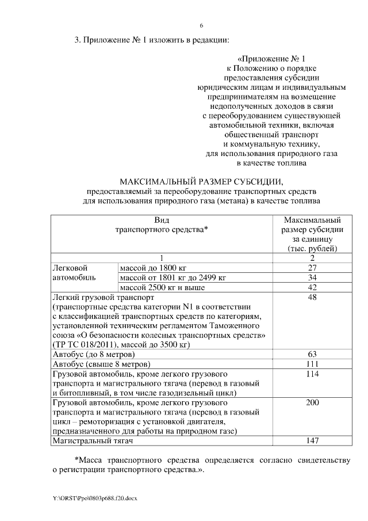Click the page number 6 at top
pos(201,26)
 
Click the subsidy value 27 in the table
pos(313,268)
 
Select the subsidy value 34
pos(313,277)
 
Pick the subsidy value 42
pos(313,287)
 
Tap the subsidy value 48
pos(313,298)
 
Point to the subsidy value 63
pos(313,354)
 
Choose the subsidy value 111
pos(313,364)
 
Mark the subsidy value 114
pos(313,374)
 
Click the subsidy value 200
pos(313,402)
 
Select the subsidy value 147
pos(313,440)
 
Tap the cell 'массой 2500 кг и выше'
pos(162,287)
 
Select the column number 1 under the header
pos(162,258)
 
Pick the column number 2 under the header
pos(313,258)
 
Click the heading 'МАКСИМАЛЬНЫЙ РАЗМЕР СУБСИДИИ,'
pos(201,180)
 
